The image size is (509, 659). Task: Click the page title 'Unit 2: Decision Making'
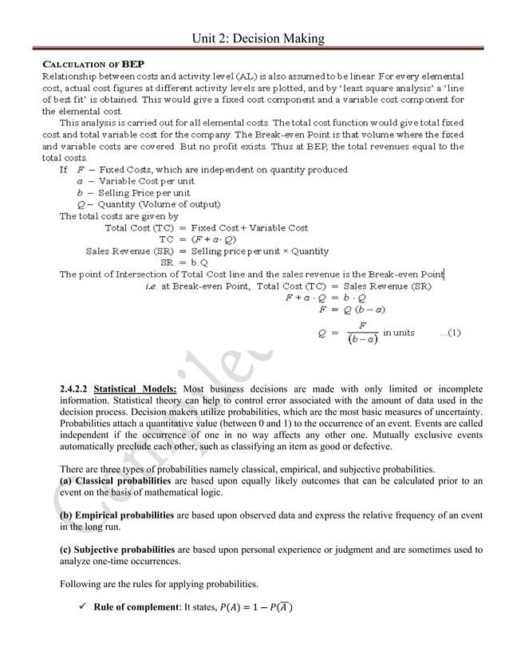tap(254, 37)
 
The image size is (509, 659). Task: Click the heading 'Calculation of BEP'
tap(93, 64)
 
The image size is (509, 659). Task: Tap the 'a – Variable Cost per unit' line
tap(128, 181)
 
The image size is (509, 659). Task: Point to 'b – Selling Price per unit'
tap(128, 192)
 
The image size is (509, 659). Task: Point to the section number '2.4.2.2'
tap(74, 389)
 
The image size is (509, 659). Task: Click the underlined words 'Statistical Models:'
tap(136, 389)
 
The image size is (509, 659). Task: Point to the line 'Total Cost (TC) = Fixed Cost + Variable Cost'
tap(207, 228)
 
